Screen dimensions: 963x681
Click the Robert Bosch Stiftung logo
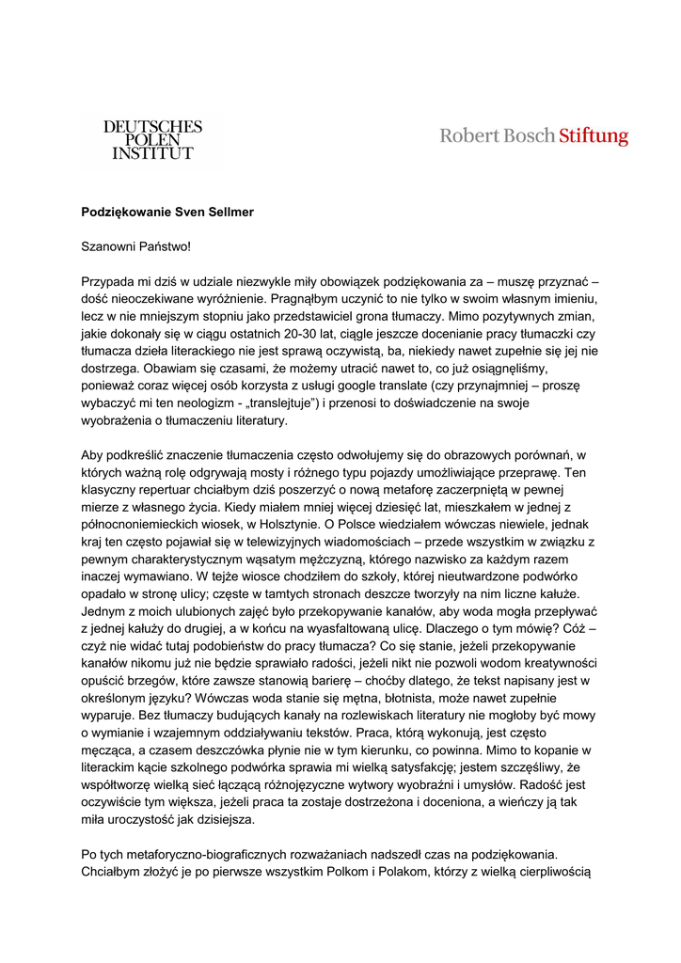click(533, 136)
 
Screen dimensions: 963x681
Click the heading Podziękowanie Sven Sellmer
click(167, 213)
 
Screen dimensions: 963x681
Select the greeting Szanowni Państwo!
click(135, 246)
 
